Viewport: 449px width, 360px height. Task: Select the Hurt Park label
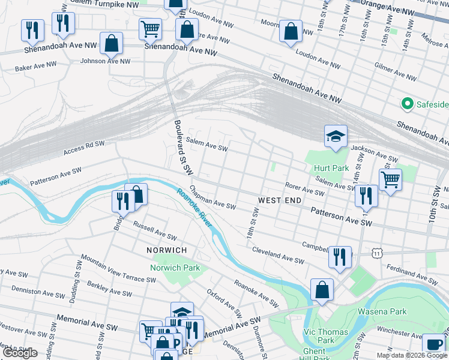331,169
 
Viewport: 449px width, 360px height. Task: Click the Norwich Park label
174,268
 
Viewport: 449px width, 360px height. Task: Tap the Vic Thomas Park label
325,336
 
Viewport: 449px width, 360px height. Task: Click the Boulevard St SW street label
182,147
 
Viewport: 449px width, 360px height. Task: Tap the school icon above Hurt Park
336,136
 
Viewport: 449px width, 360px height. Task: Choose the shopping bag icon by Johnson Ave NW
111,43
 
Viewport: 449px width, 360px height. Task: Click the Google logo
20,353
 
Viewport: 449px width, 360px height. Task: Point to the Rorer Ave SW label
304,191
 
